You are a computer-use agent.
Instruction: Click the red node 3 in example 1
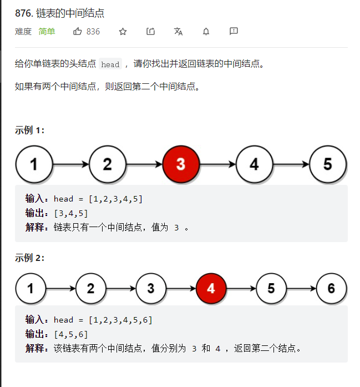181,164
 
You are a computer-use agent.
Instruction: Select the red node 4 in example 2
211,288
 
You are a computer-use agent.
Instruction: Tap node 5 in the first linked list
328,164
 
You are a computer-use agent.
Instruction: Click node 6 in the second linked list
331,288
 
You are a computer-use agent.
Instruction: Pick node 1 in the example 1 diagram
34,164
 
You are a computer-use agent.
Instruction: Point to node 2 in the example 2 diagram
91,288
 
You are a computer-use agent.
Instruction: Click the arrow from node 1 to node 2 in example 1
71,164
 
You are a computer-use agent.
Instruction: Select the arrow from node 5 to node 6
301,288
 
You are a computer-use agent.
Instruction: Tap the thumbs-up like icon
78,31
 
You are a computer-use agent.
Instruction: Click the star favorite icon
123,31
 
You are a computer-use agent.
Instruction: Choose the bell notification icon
206,31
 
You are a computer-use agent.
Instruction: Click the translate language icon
178,31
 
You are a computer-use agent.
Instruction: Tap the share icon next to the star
150,31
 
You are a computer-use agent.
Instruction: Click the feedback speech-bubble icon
234,31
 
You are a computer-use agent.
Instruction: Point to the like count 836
93,32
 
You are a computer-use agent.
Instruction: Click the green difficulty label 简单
47,32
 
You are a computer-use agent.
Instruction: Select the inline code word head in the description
110,64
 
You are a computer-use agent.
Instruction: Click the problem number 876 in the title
24,13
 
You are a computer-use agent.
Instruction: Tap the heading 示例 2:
29,258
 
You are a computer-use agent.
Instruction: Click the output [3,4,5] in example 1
71,213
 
